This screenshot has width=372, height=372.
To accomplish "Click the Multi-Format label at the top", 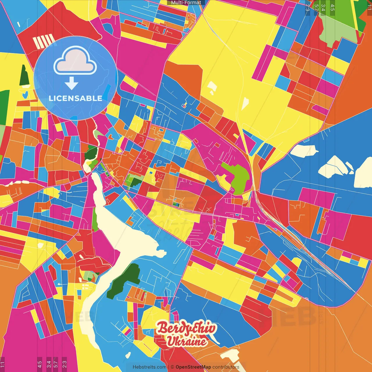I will point(186,3).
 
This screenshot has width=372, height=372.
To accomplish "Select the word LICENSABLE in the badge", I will point(75,98).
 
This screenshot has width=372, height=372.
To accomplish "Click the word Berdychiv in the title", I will point(187,328).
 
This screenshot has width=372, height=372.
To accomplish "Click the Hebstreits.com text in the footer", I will point(149,367).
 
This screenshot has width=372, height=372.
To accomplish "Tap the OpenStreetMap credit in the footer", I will point(193,367).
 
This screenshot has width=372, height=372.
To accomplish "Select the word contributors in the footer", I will point(226,367).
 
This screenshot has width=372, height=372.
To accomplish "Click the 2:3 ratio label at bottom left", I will point(64,364).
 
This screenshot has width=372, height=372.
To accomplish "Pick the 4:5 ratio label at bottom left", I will point(40,364).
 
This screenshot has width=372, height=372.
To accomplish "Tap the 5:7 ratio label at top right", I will point(316,7).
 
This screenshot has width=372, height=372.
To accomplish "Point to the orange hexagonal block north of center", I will point(183,76).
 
